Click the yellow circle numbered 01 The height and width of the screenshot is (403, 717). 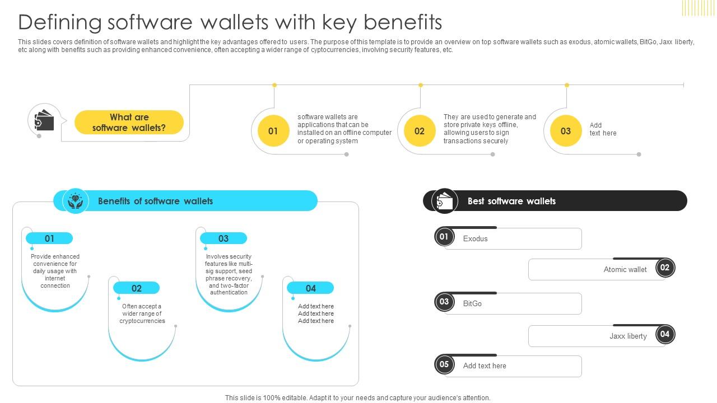tap(273, 131)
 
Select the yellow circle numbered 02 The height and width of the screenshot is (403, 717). tap(420, 131)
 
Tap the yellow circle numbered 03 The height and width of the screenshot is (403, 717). tap(566, 131)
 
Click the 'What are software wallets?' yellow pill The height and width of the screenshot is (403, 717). tap(129, 123)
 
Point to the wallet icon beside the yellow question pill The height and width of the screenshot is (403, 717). tap(44, 120)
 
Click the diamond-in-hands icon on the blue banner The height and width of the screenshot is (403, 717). tap(76, 201)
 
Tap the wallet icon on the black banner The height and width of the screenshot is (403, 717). tap(445, 201)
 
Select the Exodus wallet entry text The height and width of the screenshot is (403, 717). tap(475, 238)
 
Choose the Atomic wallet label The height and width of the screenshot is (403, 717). tap(625, 269)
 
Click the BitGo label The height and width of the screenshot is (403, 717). tap(472, 303)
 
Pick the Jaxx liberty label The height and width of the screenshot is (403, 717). tap(628, 336)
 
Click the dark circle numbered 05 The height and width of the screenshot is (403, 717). tap(444, 364)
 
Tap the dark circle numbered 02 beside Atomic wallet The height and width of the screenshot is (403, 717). tap(665, 268)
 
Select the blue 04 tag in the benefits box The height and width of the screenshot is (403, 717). tap(311, 288)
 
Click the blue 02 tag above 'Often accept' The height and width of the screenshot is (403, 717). tap(137, 288)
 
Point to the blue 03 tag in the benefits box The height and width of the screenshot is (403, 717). tap(224, 238)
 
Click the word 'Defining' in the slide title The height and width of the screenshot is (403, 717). tap(60, 22)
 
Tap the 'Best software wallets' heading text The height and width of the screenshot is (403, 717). tap(511, 201)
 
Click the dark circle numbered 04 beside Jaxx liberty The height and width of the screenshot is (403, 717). tap(665, 334)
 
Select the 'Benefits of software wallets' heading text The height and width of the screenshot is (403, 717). tap(155, 201)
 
